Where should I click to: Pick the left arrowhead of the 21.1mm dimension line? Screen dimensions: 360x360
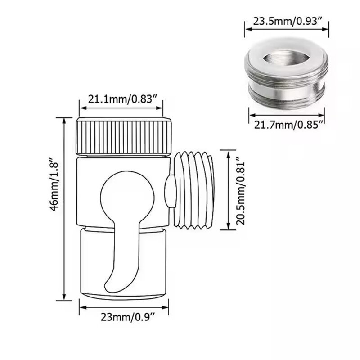click(x=81, y=108)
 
